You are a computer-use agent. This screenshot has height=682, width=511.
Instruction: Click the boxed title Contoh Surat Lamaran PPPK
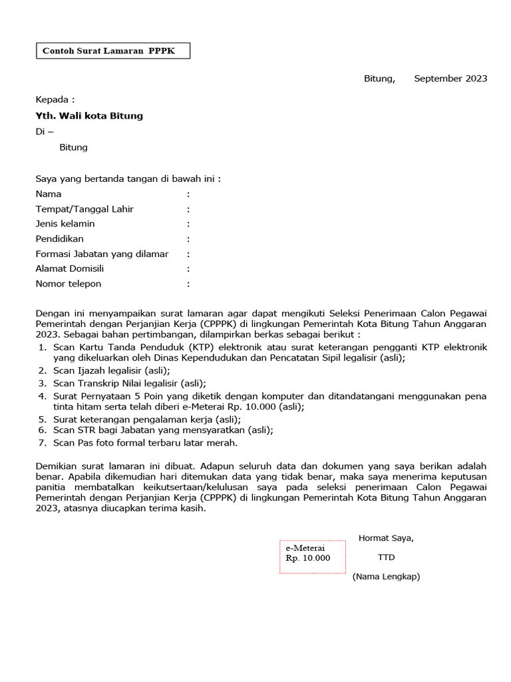[x=112, y=51]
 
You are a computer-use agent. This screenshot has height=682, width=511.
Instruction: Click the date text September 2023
[x=450, y=79]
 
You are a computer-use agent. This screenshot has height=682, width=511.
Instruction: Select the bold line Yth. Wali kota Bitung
[x=89, y=116]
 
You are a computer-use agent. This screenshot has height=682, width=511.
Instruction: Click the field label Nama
[x=49, y=194]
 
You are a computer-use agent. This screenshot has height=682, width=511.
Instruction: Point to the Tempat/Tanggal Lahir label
[x=85, y=209]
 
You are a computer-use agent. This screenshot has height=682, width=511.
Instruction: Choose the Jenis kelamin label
[x=65, y=224]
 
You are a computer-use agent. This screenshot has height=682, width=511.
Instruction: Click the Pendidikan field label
[x=60, y=238]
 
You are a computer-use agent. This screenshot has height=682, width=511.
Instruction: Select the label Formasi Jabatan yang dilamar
[x=102, y=254]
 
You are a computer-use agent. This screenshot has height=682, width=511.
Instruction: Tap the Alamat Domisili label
[x=70, y=268]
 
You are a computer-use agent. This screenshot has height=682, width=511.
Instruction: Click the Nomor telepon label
[x=69, y=284]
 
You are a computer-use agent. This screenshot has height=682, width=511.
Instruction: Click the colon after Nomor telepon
[x=188, y=284]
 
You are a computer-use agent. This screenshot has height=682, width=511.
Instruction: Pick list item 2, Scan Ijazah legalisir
[x=112, y=370]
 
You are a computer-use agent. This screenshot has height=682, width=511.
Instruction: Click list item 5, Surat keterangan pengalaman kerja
[x=146, y=420]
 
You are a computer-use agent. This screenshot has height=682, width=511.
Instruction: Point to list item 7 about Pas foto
[x=145, y=442]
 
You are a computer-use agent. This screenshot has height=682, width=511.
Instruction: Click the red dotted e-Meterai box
[x=313, y=556]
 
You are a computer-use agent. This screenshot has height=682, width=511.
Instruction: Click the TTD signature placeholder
[x=386, y=557]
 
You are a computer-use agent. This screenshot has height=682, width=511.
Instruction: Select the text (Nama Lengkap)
[x=386, y=577]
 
